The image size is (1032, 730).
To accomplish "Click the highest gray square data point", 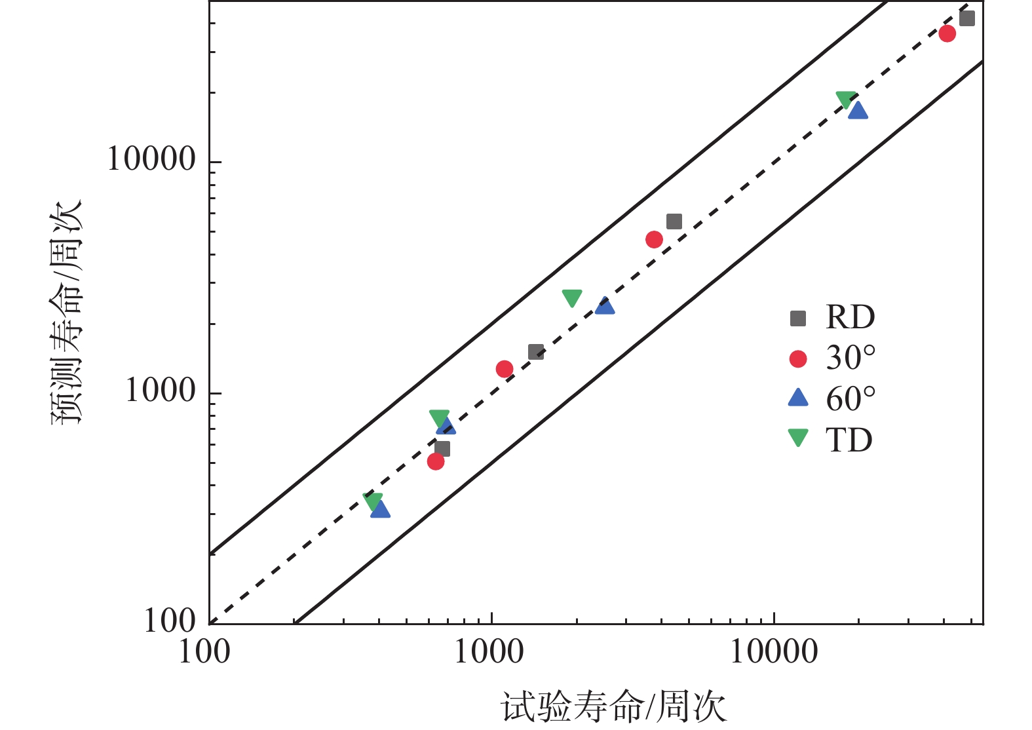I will point(966,18).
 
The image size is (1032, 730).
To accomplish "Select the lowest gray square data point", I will point(442,449).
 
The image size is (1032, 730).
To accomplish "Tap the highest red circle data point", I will point(947,33).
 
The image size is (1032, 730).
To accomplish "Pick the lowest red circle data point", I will point(436,462).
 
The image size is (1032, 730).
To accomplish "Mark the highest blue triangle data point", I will point(858,111).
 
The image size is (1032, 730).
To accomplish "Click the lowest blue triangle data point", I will point(380,510).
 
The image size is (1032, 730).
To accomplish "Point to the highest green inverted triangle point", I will point(846,100).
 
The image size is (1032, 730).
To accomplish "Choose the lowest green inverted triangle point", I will point(373,502).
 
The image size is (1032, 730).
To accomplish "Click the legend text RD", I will point(850,318).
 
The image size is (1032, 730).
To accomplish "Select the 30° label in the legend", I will point(850,358).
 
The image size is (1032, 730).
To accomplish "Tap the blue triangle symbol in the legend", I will point(798,398).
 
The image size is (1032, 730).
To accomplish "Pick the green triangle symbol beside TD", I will point(798,437).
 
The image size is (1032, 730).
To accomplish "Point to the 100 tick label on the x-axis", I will point(204,653).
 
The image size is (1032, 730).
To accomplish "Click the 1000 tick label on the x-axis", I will point(489,653).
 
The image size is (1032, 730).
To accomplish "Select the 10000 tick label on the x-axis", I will point(774,653).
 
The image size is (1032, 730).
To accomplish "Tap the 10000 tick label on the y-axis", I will point(151,159).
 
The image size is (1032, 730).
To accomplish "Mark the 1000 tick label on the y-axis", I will point(161,391).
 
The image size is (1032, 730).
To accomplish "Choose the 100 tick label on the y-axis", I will point(170,620).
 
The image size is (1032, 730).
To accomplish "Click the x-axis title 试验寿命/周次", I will point(613,708).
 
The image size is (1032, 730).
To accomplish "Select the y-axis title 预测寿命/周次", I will point(67,312).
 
